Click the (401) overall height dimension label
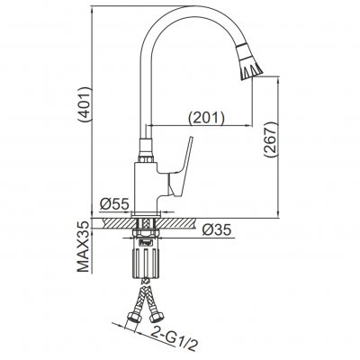click(x=84, y=104)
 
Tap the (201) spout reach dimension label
click(x=206, y=118)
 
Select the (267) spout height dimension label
click(x=270, y=139)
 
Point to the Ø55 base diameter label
click(x=114, y=204)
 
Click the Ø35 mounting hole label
click(x=217, y=230)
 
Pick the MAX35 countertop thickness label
click(x=84, y=247)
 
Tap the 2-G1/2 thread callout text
click(x=174, y=339)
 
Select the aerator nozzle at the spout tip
click(x=248, y=62)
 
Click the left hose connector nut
click(x=133, y=318)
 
